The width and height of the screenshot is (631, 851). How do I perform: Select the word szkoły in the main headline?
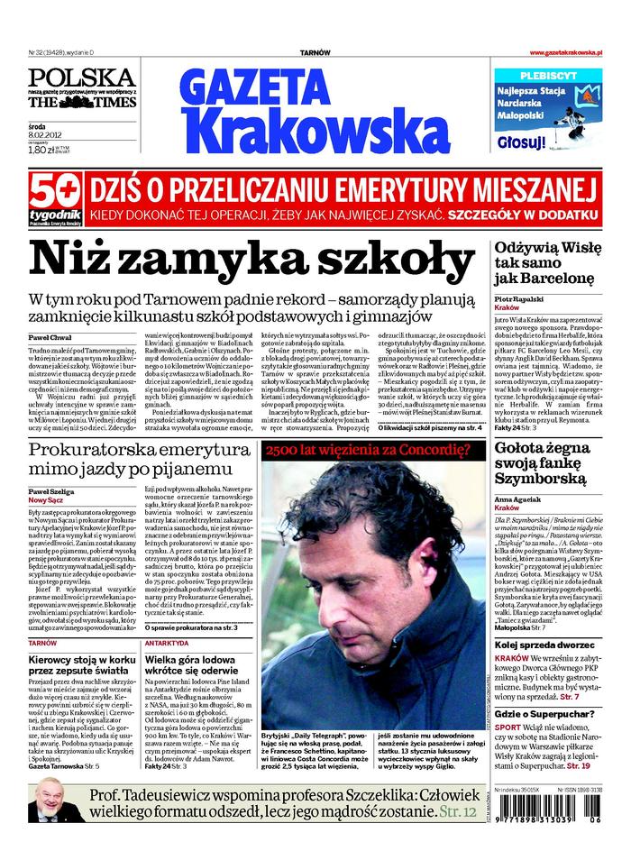(x=376, y=260)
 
